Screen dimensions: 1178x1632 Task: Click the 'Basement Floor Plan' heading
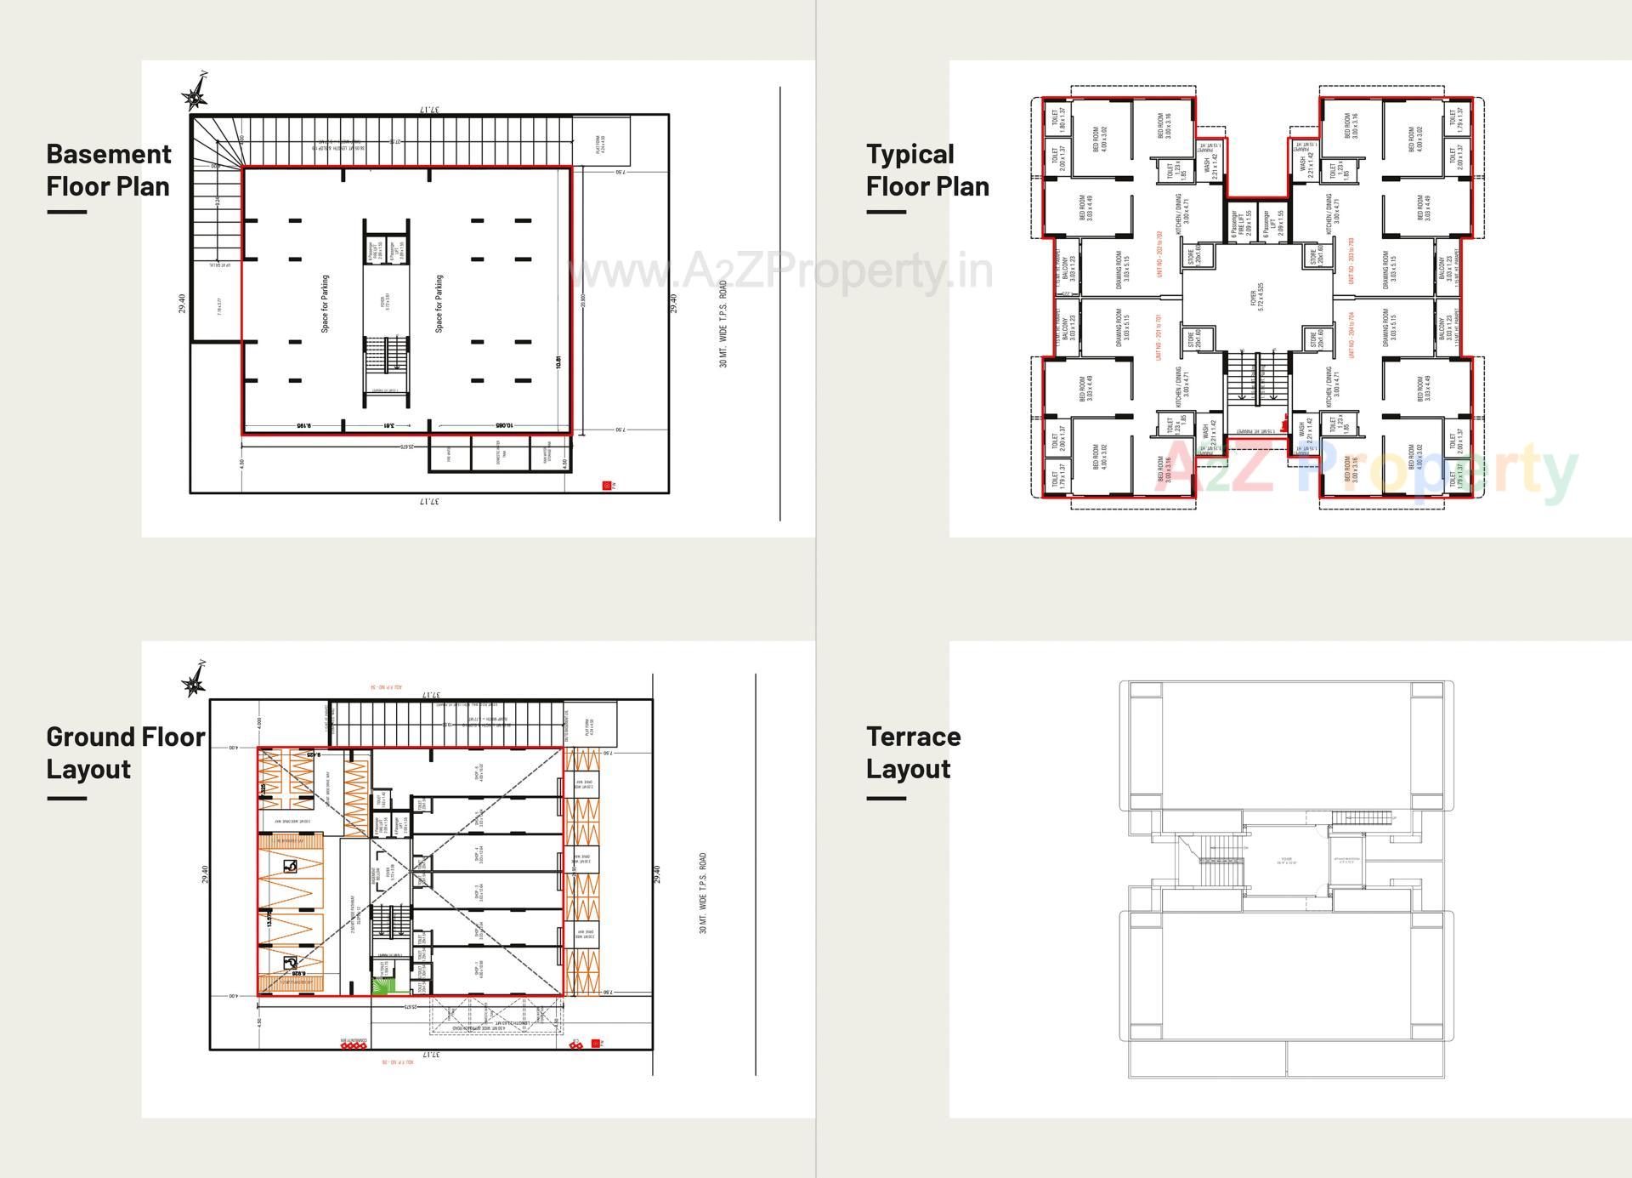click(x=109, y=170)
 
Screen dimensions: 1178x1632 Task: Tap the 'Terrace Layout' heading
click(x=913, y=752)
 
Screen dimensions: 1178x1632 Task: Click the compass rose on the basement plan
click(x=195, y=95)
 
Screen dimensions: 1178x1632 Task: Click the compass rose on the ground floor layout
click(x=195, y=681)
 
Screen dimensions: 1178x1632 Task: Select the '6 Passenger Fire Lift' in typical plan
click(x=1242, y=224)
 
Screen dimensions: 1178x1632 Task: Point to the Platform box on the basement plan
click(x=600, y=141)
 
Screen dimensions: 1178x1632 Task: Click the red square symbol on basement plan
click(x=607, y=486)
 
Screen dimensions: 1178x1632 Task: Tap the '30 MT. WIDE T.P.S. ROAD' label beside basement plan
click(x=723, y=324)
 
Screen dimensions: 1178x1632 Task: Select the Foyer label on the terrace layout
click(x=1286, y=861)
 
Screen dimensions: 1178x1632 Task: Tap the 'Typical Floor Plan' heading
click(x=927, y=170)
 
